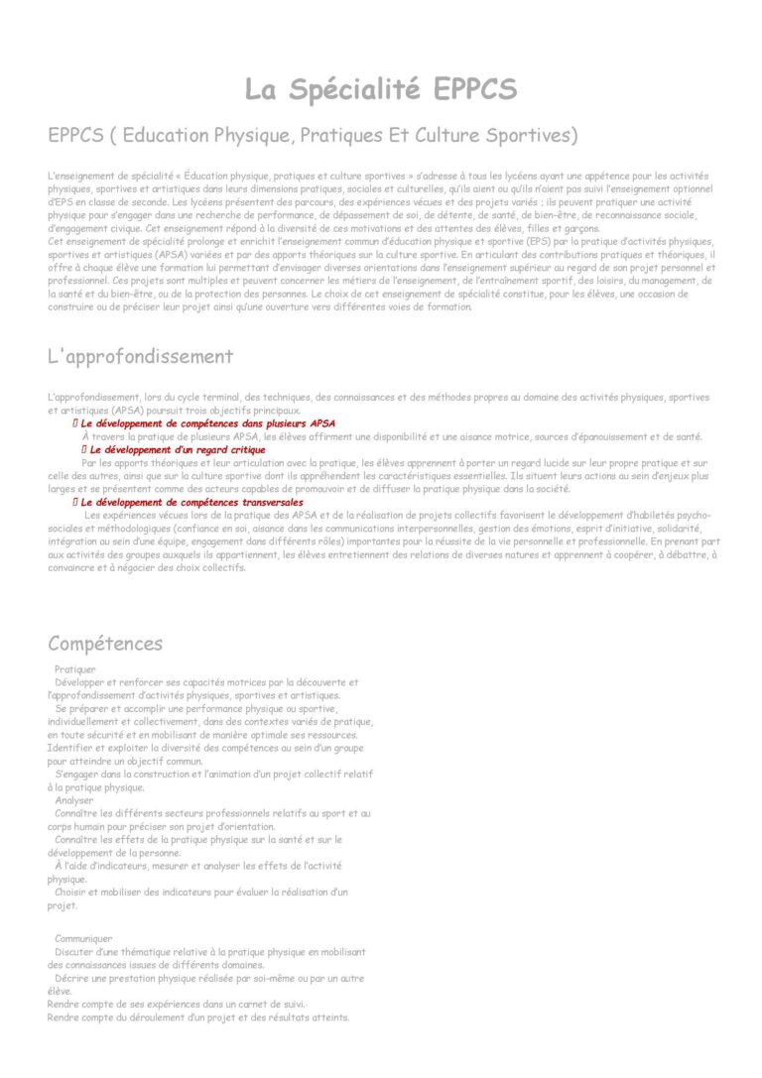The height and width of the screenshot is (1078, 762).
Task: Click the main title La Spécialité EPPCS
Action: click(381, 89)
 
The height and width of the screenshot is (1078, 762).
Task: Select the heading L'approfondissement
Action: click(140, 356)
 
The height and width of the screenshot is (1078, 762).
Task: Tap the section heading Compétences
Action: click(105, 644)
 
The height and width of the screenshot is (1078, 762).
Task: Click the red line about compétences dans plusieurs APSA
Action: click(207, 423)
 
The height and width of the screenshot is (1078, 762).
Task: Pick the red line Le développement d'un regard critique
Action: click(178, 449)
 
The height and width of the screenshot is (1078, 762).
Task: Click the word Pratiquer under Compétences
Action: click(75, 669)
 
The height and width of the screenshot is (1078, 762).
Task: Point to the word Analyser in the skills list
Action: click(74, 800)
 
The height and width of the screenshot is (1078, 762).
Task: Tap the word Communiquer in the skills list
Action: click(83, 938)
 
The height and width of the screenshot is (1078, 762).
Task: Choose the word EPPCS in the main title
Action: click(474, 89)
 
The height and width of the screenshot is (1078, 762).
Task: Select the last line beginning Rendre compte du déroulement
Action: click(198, 1018)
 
